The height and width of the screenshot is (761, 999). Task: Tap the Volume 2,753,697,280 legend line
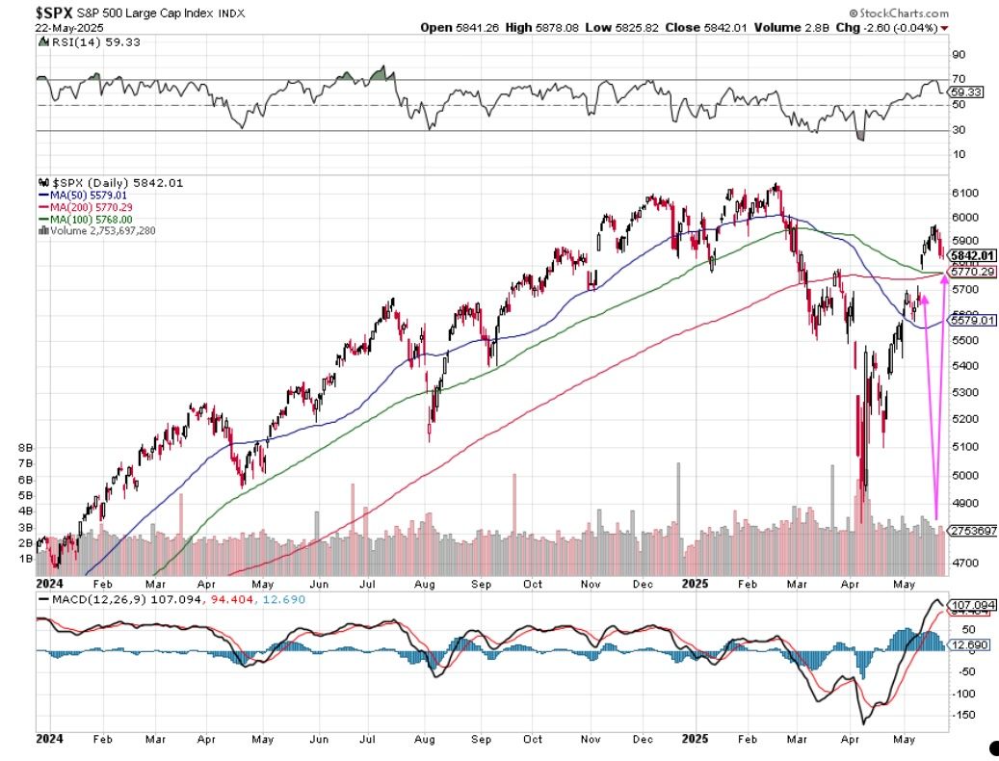tap(98, 230)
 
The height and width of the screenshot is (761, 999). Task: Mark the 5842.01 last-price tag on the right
tap(972, 255)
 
